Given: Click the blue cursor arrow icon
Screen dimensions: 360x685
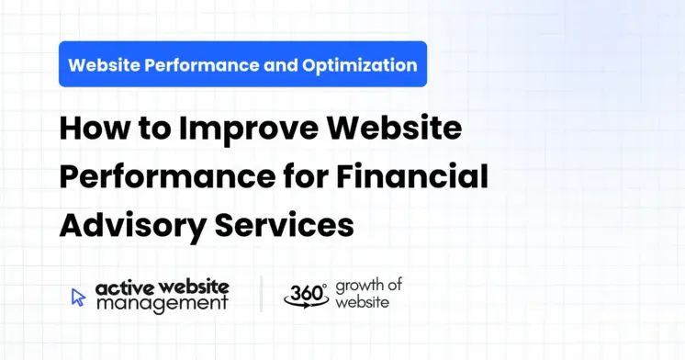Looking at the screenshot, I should [x=79, y=296].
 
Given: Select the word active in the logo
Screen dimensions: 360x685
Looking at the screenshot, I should [x=122, y=287].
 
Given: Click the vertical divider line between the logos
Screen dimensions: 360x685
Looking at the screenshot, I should [x=261, y=294].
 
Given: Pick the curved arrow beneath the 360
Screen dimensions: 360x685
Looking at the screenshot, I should [x=306, y=304].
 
